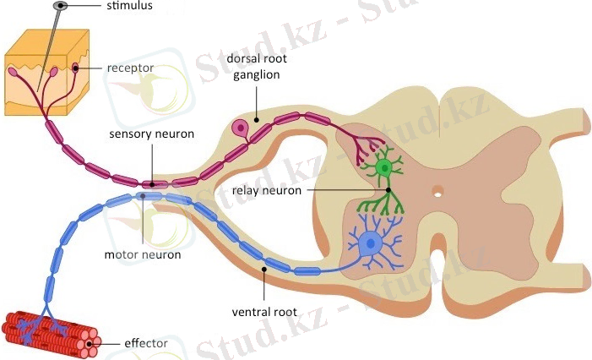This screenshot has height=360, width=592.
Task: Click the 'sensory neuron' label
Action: tap(152, 134)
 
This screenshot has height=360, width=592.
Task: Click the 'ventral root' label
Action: tap(263, 312)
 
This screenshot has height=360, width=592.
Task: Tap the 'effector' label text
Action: tap(145, 343)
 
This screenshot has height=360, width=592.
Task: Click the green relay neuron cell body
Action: tap(385, 167)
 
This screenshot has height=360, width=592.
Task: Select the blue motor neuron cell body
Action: tap(369, 245)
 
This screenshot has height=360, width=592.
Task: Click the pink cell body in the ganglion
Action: tap(242, 129)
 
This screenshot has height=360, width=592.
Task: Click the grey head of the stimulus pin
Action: tap(58, 7)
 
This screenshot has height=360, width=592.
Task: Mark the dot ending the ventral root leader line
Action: tap(264, 270)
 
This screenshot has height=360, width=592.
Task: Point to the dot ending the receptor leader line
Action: tap(76, 68)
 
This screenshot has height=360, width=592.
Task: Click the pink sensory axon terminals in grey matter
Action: tap(364, 148)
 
